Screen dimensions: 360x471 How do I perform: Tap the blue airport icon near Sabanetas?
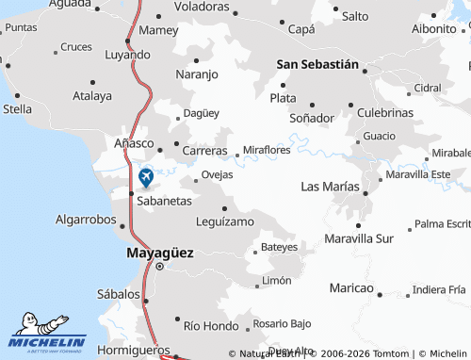(x=146, y=176)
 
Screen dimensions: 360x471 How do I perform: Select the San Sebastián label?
(x=317, y=64)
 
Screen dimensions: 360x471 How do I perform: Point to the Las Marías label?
(x=329, y=187)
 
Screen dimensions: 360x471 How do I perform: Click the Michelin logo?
(x=48, y=333)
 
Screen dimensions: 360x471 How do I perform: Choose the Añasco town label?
(x=133, y=142)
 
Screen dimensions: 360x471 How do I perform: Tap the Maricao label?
(x=351, y=286)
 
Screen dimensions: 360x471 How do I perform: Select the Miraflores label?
(x=267, y=150)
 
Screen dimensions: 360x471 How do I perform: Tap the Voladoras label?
(x=202, y=6)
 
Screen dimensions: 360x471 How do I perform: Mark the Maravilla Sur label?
(x=358, y=238)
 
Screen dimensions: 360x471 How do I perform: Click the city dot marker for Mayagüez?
(x=159, y=267)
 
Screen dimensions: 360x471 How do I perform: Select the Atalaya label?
(x=91, y=95)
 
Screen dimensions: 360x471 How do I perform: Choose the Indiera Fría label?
(x=439, y=289)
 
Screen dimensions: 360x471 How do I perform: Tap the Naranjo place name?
(x=197, y=74)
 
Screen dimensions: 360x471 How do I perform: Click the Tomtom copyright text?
(x=363, y=353)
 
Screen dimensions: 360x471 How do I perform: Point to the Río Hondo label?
(x=206, y=325)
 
